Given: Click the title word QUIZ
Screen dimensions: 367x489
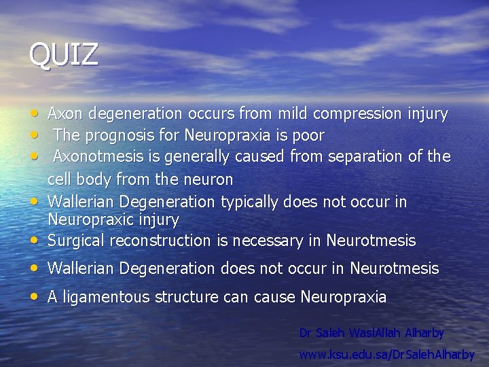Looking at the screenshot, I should [x=63, y=55].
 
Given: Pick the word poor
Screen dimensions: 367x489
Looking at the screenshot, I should [x=308, y=135].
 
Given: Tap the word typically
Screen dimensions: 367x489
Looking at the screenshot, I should [x=247, y=202].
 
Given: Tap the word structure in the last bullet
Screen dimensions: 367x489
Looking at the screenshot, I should [x=183, y=297].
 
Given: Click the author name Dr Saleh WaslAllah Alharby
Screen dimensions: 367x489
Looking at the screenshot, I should [x=372, y=333].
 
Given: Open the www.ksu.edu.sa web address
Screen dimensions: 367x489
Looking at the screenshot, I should [x=387, y=354].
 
